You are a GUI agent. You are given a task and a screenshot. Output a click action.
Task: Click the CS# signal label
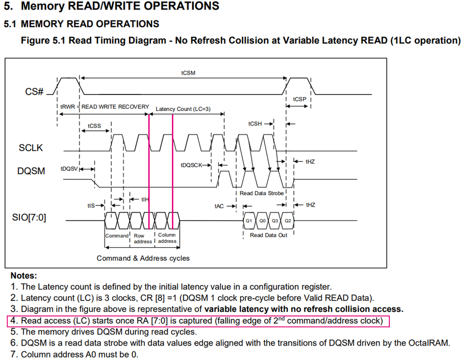(x=34, y=91)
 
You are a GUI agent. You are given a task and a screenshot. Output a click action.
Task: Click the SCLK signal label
(x=31, y=147)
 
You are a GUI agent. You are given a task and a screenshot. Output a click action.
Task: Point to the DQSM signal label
(x=31, y=171)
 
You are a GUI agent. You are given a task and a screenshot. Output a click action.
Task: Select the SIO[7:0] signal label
(x=29, y=217)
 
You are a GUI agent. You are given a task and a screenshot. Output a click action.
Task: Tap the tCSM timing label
(x=188, y=73)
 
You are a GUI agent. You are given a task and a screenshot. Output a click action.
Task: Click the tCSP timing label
(x=300, y=99)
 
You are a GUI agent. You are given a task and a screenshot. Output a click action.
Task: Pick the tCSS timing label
(x=94, y=126)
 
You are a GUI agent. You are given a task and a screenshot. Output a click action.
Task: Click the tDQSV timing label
(x=69, y=169)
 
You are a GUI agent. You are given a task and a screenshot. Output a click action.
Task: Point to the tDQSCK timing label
(x=191, y=165)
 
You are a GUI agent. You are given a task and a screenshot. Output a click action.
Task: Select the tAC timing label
(x=219, y=206)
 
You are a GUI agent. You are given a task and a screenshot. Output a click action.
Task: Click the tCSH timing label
(x=255, y=124)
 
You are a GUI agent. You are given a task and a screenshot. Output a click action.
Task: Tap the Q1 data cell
(x=249, y=221)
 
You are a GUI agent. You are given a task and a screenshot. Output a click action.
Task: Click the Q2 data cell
(x=288, y=221)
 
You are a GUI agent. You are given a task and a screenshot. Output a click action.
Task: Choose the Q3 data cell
(x=275, y=221)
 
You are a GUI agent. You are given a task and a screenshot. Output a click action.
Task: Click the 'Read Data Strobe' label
(x=261, y=193)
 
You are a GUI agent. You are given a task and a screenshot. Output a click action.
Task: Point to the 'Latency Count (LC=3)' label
(x=183, y=109)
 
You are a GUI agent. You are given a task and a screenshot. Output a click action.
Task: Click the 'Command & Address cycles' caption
(x=143, y=258)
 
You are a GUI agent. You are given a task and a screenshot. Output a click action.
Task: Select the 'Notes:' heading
(x=24, y=275)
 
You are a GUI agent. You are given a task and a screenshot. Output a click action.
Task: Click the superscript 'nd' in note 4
(x=281, y=318)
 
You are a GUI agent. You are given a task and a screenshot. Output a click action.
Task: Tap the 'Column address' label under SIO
(x=167, y=238)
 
